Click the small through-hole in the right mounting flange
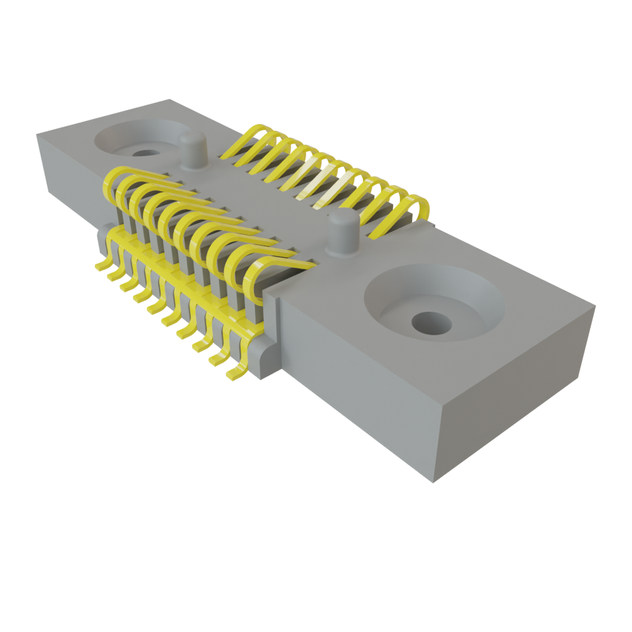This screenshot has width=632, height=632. coord(431,322)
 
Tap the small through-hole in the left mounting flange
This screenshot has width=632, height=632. coord(145,152)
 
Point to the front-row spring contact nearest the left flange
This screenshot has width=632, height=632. coord(114,182)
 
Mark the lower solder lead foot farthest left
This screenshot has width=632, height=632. coord(101,265)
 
